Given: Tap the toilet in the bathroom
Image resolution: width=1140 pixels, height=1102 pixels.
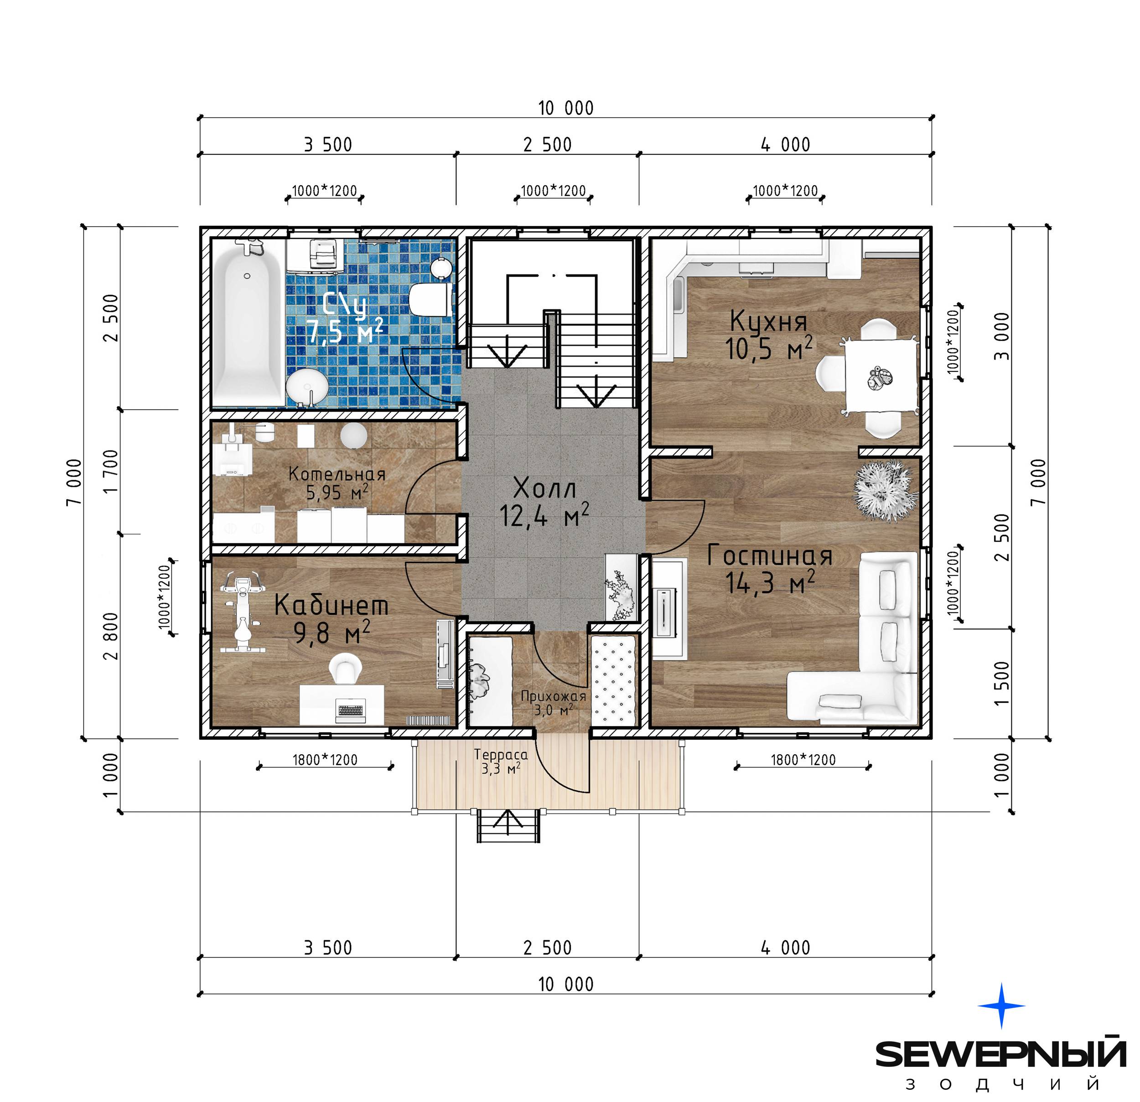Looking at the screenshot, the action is click(x=430, y=300).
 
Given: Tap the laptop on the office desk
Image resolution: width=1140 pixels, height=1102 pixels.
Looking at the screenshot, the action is click(x=351, y=710).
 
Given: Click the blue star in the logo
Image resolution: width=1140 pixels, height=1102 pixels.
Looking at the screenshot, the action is click(x=1001, y=1005).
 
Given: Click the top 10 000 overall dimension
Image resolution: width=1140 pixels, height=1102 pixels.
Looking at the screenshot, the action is click(x=566, y=108).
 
